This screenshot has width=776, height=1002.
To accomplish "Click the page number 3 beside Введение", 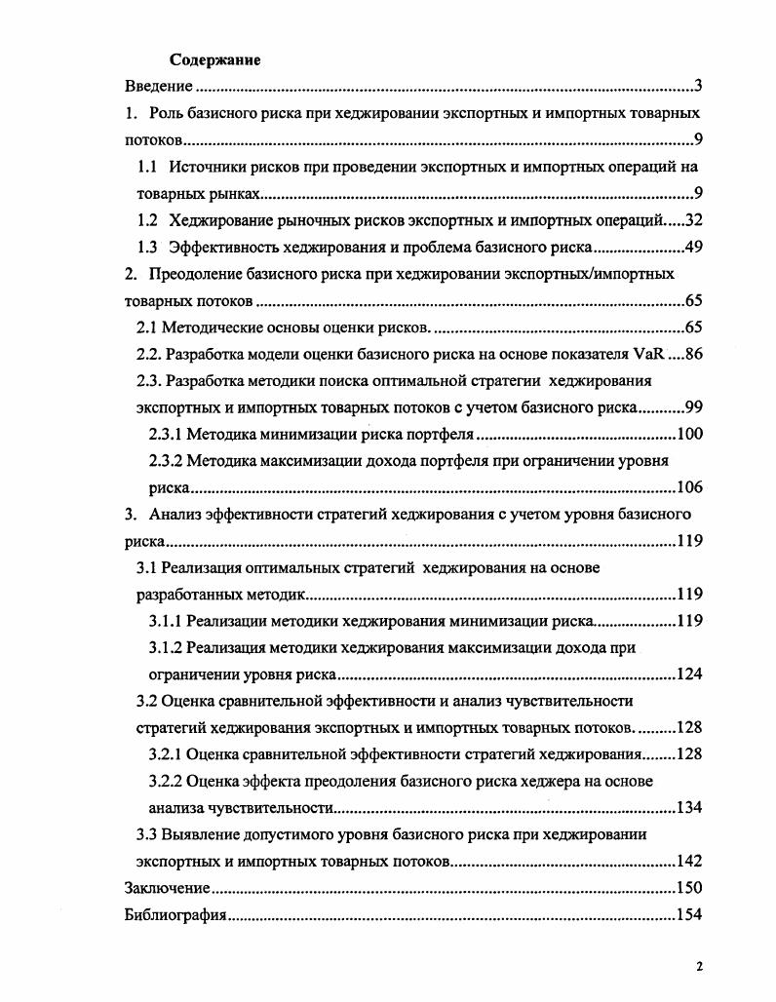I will coord(698,86).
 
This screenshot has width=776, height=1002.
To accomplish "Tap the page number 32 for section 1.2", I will coord(694,220).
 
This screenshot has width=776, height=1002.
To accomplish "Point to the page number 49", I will coord(694,247).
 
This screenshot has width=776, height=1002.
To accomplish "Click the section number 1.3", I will coord(148,247).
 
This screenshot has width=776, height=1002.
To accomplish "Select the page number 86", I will coord(694,354).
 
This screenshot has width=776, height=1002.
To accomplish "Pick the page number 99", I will coord(694,406).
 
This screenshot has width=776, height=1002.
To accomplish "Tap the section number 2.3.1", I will coord(164,434).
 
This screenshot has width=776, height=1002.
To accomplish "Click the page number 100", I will coord(690,434).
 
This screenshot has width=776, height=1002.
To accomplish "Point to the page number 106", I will coord(690,487).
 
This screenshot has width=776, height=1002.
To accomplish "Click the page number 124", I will coord(690,674).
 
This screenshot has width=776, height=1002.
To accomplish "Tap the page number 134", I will coord(690,807).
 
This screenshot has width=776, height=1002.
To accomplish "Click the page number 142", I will coord(690,862).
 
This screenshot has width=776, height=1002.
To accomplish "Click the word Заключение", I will coord(168,888).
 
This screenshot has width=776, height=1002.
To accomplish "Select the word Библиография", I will coord(175,915).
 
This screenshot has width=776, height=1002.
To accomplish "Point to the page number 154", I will coord(690,915).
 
